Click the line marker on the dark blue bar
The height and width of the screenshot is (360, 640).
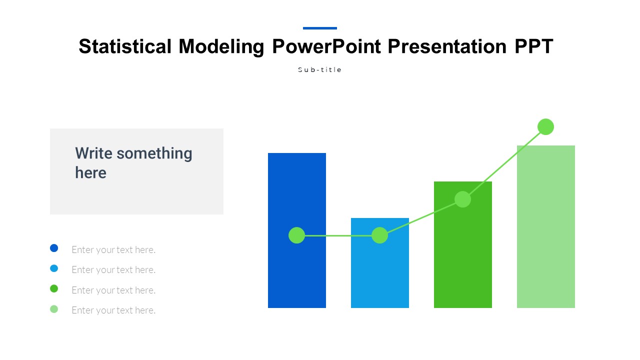[x=297, y=235]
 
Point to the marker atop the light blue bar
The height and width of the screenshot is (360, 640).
[x=379, y=235]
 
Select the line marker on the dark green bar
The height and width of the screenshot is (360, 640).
[x=462, y=199]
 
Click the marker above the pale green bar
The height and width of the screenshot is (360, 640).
[x=545, y=126]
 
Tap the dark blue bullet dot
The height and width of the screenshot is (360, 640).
[x=54, y=248]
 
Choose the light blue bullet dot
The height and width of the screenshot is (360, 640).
[x=54, y=268]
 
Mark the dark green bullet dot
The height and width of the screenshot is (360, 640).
[x=54, y=288]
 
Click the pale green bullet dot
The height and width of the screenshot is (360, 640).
[x=54, y=309]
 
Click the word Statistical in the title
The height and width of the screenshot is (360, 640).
[x=125, y=46]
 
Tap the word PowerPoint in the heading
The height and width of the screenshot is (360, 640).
[x=326, y=46]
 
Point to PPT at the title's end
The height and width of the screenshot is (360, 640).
[x=534, y=46]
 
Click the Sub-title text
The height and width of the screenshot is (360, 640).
[x=319, y=69]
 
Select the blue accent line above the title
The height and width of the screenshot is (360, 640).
[x=320, y=28]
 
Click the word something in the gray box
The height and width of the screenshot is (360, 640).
[x=154, y=154]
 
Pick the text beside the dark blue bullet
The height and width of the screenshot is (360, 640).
[x=113, y=250]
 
